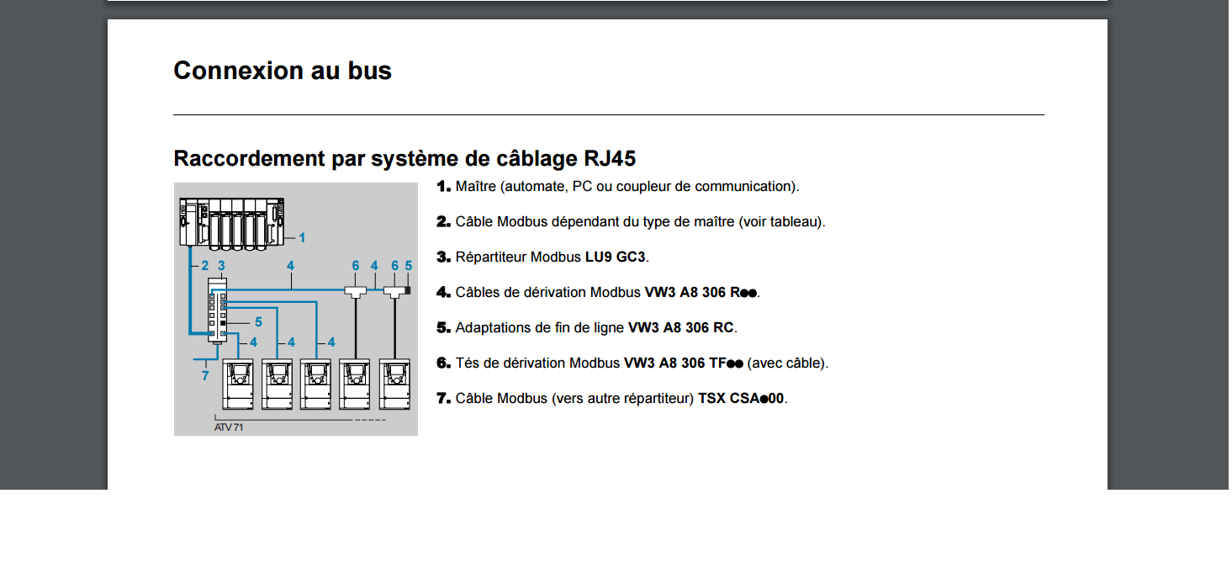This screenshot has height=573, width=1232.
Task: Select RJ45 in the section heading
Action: point(610,158)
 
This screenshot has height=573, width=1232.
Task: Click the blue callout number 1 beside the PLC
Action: point(302,238)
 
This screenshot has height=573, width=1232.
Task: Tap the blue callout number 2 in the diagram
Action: point(204,266)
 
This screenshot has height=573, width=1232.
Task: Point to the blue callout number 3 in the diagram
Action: point(221,266)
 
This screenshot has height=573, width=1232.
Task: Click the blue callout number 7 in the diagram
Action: point(205,376)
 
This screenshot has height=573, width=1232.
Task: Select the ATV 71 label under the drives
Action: point(228,427)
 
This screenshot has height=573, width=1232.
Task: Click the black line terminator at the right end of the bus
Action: point(408,290)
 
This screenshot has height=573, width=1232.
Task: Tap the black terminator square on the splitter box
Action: point(223,323)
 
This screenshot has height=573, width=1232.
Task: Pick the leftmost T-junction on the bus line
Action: point(355,291)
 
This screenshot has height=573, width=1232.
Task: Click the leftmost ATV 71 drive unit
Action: point(238,385)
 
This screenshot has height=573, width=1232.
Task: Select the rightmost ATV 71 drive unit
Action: point(394,385)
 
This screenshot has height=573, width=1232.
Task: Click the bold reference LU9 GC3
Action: point(615,257)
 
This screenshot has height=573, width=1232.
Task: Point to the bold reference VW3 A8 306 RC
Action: point(681,327)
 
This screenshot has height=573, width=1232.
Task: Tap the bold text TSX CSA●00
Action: point(741,399)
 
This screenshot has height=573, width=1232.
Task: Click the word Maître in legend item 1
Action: point(476,187)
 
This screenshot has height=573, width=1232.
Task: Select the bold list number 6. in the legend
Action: point(444,363)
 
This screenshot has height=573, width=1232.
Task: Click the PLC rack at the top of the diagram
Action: point(232,223)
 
